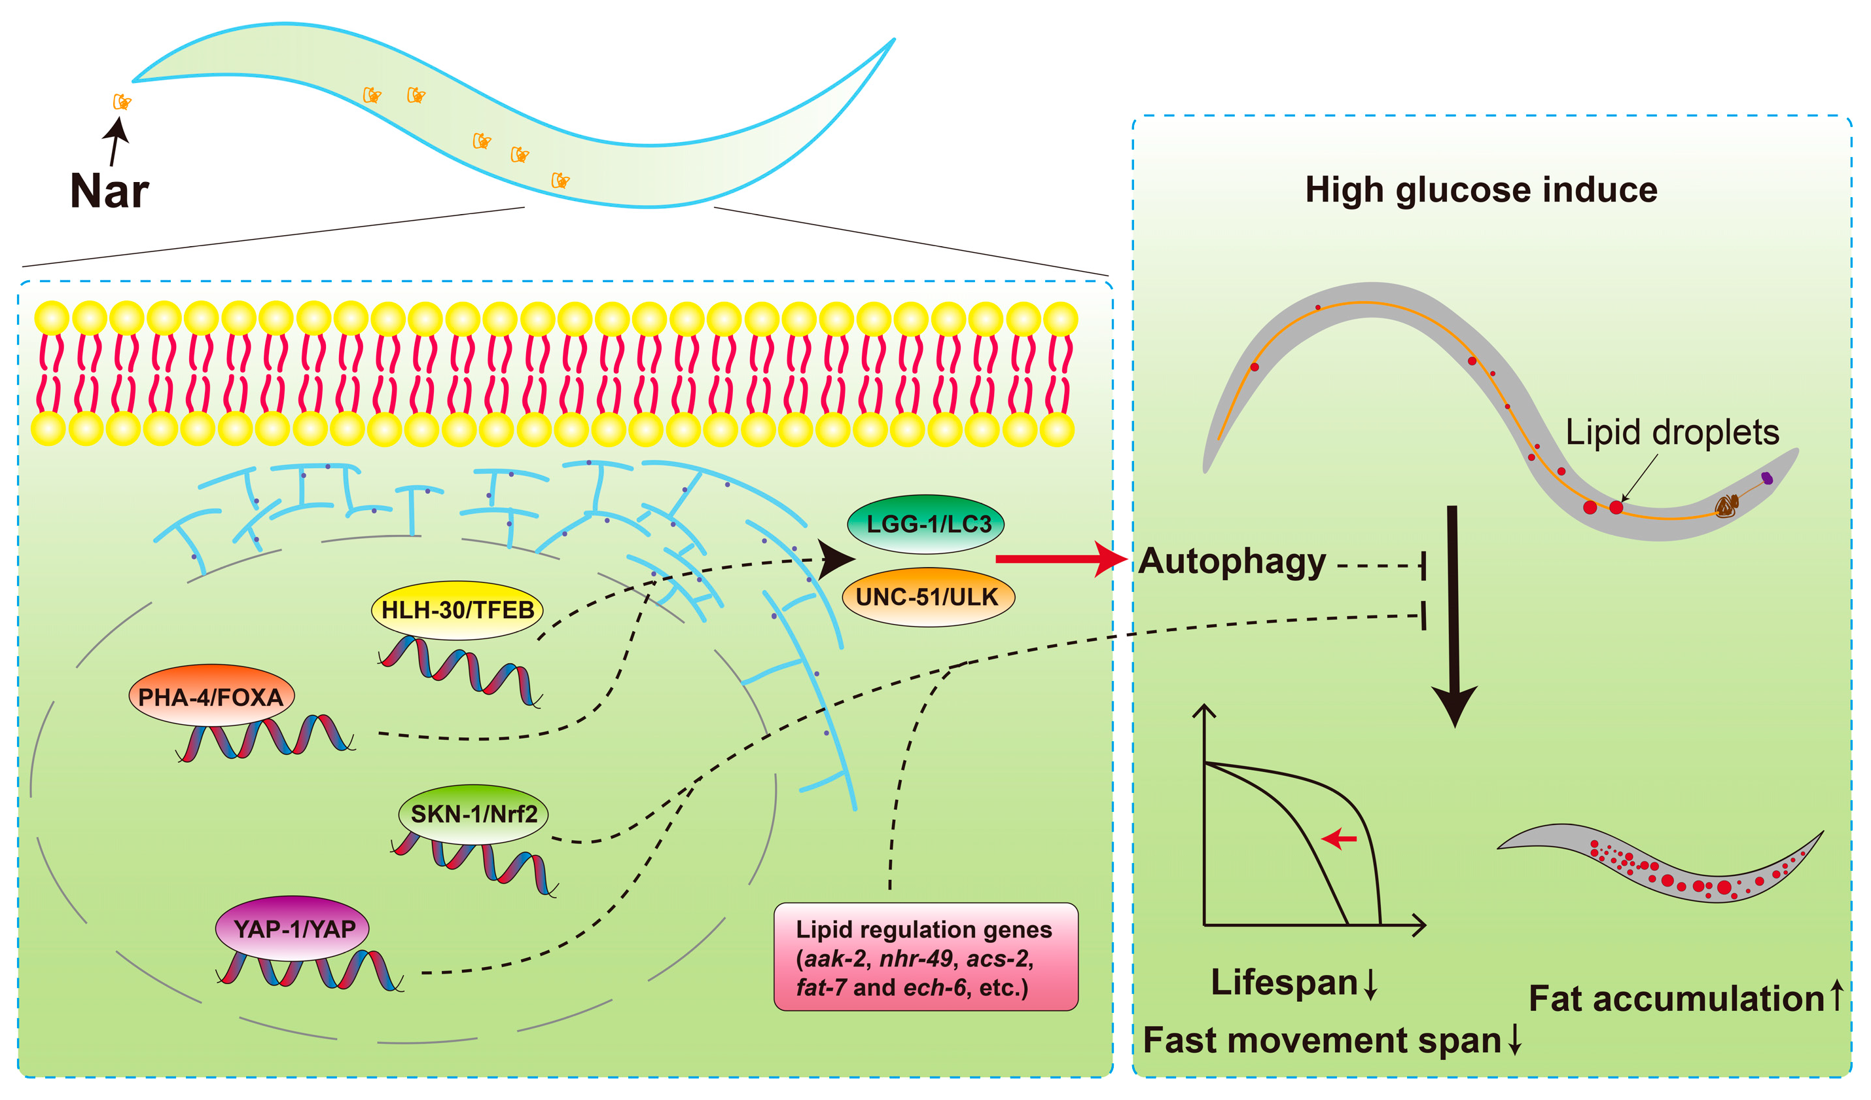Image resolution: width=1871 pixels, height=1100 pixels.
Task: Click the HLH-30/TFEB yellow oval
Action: pyautogui.click(x=457, y=610)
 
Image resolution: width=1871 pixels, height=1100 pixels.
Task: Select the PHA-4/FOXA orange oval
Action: pyautogui.click(x=211, y=696)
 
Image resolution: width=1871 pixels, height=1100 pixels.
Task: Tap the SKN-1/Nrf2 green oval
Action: pyautogui.click(x=473, y=814)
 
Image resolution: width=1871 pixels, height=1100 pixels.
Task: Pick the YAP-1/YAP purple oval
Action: pyautogui.click(x=293, y=928)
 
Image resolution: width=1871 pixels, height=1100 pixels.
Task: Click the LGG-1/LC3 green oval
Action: pyautogui.click(x=926, y=524)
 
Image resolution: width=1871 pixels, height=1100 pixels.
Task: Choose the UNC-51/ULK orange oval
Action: pyautogui.click(x=928, y=596)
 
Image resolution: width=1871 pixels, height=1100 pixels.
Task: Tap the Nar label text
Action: pyautogui.click(x=109, y=191)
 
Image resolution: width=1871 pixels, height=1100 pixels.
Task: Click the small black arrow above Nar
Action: pyautogui.click(x=115, y=141)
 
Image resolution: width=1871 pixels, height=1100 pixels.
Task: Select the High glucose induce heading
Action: pyautogui.click(x=1480, y=189)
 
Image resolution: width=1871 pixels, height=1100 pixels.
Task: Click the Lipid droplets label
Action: pyautogui.click(x=1672, y=432)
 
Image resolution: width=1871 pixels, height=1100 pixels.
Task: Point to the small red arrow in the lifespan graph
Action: pyautogui.click(x=1339, y=839)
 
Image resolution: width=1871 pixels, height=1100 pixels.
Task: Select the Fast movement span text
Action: pyautogui.click(x=1321, y=1040)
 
